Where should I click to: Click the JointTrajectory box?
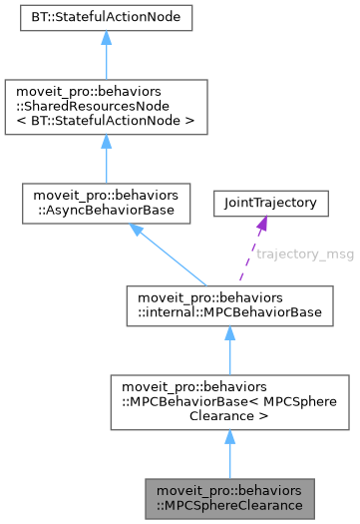click(263, 204)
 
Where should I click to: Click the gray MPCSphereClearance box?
click(228, 496)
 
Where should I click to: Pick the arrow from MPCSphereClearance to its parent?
click(228, 454)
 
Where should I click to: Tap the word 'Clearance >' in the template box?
click(228, 416)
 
